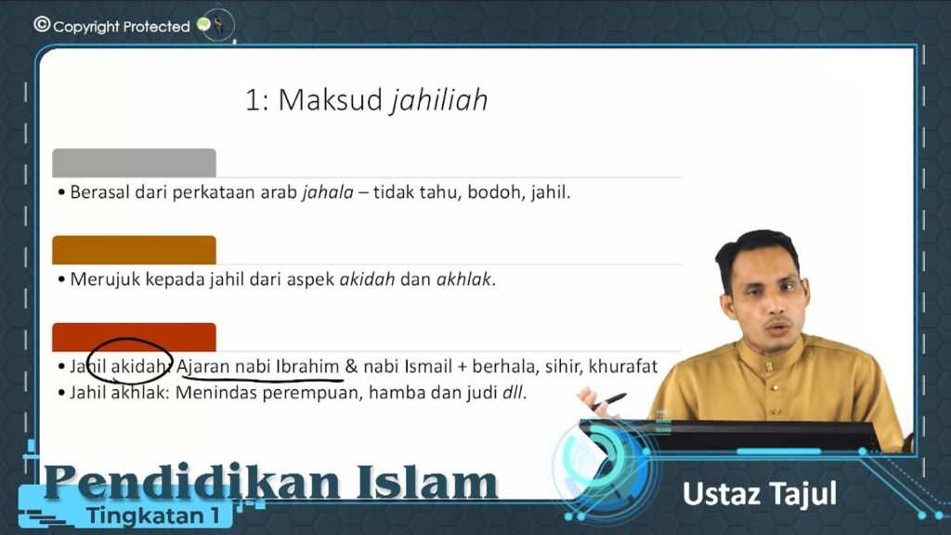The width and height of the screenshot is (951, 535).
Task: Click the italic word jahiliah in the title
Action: point(439,100)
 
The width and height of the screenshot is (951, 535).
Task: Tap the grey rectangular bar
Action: point(134,163)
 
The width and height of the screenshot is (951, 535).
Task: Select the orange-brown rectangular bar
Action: point(134,250)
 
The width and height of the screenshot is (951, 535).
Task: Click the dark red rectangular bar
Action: point(134,336)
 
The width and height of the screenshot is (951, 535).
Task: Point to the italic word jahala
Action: point(328,192)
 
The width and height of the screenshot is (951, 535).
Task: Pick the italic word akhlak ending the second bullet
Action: point(464,279)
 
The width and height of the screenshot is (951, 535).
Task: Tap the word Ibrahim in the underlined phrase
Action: point(307,366)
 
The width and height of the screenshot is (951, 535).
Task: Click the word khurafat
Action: point(623,366)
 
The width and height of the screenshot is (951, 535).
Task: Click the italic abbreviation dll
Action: point(513,393)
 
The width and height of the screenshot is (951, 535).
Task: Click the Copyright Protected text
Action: point(122,27)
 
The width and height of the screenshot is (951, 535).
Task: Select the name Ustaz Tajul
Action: point(760,494)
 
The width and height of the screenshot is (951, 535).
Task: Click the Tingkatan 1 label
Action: point(152,515)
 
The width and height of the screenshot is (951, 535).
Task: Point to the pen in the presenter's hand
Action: point(609,400)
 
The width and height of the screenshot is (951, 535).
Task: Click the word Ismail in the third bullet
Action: point(427,366)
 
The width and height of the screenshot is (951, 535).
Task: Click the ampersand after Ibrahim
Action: point(351,366)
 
